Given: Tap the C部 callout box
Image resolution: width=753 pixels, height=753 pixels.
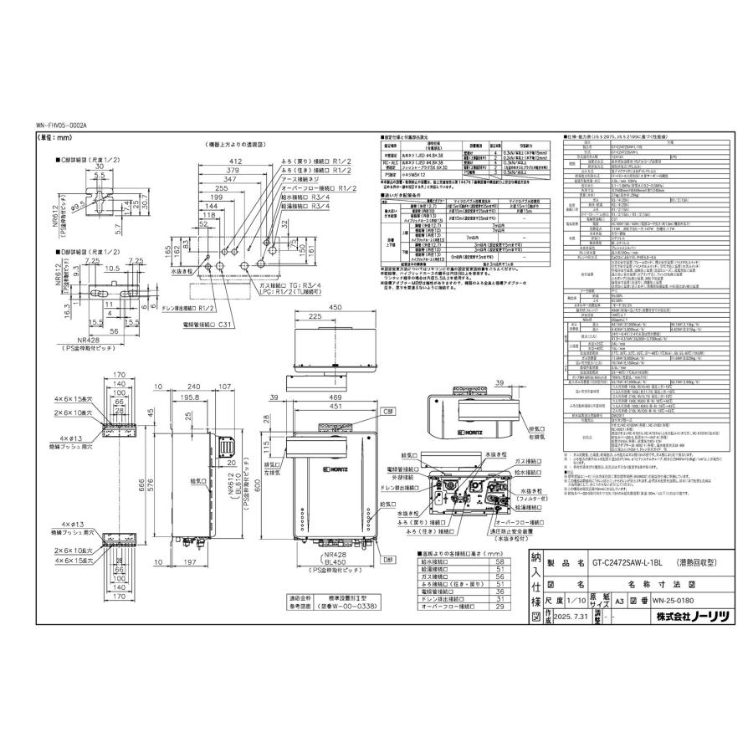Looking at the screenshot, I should tap(387, 389).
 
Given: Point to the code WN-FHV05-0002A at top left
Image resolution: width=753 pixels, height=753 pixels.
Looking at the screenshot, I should tap(60, 125).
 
